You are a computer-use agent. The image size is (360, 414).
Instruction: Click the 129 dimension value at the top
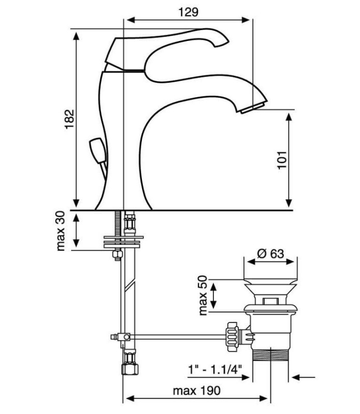coord(188,12)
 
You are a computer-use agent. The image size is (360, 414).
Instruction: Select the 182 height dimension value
coord(69,119)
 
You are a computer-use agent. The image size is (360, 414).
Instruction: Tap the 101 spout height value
coord(282,160)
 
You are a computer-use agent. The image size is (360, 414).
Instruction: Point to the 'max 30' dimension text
coord(61,231)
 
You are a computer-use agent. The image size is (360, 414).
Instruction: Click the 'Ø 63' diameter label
coord(270,254)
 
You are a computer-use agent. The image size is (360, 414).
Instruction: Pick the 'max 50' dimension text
coord(203,295)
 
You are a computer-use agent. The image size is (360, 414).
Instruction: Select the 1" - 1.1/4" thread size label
coord(215,369)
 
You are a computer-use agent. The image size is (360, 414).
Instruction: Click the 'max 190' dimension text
coord(196,391)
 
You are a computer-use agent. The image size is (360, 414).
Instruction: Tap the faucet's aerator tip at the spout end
coord(252,108)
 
